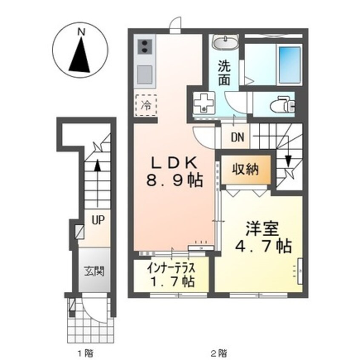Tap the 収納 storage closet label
point(245,170)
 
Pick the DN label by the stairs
point(237,137)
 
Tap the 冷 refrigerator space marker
point(146,103)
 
